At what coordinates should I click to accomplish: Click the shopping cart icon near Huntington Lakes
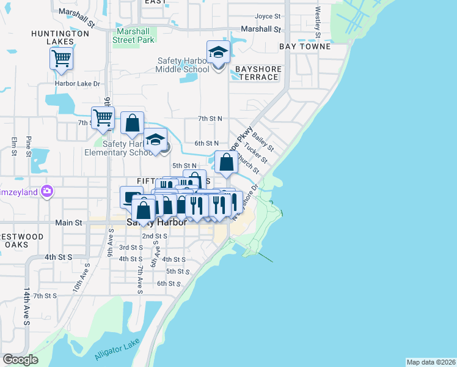click(62, 59)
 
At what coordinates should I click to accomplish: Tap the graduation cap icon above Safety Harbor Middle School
click(218, 53)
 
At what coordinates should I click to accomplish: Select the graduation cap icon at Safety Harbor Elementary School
click(156, 140)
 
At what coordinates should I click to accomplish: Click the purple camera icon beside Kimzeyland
click(47, 191)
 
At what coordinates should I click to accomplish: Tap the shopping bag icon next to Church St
click(226, 163)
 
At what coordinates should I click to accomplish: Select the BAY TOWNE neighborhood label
click(305, 46)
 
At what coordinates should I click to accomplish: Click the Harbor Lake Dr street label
click(77, 83)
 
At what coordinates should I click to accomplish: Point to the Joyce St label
click(268, 16)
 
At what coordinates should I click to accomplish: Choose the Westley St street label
click(318, 21)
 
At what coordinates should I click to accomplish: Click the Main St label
click(68, 223)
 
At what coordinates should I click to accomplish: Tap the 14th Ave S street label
click(27, 304)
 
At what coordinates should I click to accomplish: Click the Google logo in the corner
click(20, 360)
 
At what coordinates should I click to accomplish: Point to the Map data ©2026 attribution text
click(431, 362)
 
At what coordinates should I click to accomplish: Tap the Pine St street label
click(29, 147)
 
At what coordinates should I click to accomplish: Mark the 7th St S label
click(45, 295)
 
